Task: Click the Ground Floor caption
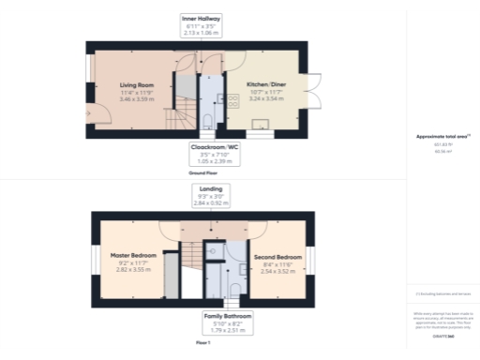click(202, 173)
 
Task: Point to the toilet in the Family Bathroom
click(214, 250)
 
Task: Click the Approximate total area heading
click(442, 137)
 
